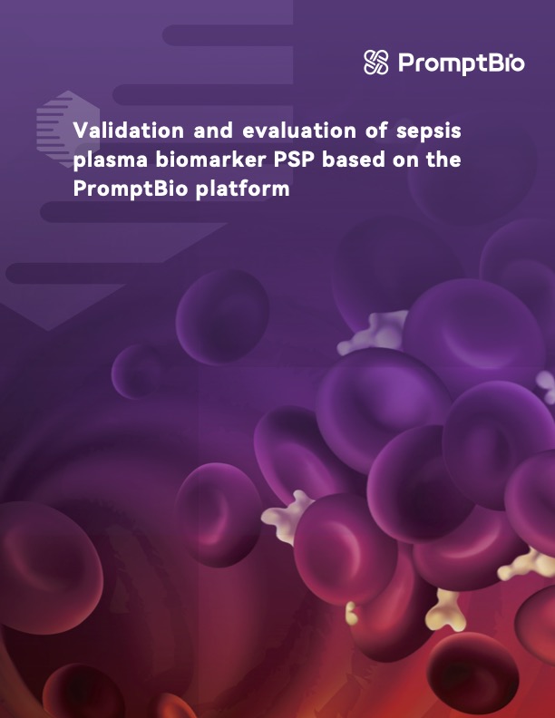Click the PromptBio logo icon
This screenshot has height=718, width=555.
coord(375,63)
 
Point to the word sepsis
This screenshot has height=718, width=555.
coord(431,131)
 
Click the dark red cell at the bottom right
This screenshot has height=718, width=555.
coord(472,671)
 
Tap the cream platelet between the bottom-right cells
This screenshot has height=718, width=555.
coord(444,609)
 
